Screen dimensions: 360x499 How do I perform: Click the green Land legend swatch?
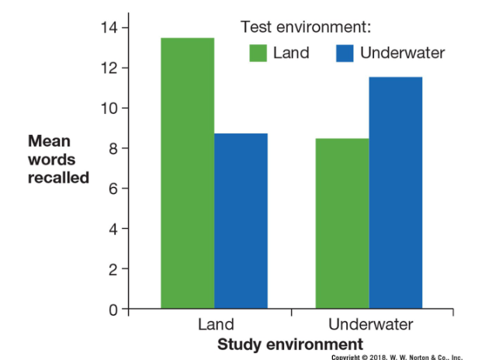(x=258, y=54)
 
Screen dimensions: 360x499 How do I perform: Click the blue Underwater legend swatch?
(x=345, y=54)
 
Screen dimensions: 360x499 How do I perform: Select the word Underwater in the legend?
(x=403, y=54)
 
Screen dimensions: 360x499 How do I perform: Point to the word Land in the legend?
(x=291, y=54)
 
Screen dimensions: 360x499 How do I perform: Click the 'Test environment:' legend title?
(x=306, y=28)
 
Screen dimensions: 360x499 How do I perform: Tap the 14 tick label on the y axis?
(x=109, y=28)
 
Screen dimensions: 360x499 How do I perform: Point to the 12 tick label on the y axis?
(x=109, y=68)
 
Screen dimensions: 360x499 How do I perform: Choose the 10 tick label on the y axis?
(x=109, y=109)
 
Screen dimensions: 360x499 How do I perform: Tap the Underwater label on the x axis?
(x=371, y=324)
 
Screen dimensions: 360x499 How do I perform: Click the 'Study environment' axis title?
(x=289, y=343)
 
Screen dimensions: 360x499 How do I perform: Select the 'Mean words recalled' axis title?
(x=58, y=160)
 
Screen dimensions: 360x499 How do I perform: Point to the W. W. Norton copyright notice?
(x=397, y=356)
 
